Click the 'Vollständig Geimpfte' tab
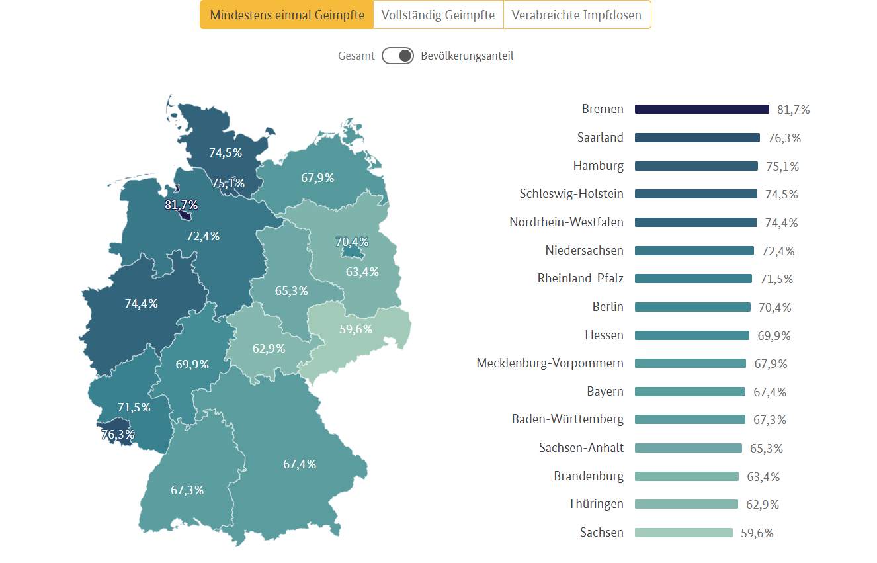(438, 15)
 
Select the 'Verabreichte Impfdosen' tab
(577, 15)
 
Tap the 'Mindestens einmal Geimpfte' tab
(286, 15)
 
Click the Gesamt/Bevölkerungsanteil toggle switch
(397, 56)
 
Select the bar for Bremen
(702, 109)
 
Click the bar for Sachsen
(684, 533)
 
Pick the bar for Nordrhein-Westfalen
(696, 222)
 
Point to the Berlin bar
(692, 307)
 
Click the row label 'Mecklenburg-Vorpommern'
(550, 363)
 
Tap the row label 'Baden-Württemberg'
(567, 419)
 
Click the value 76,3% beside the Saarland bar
(784, 138)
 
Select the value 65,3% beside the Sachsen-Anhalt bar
(767, 449)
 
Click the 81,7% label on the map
(181, 205)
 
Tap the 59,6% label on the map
(356, 329)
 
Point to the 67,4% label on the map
(300, 464)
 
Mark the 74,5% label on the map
(226, 153)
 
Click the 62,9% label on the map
(269, 349)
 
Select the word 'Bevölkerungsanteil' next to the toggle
(467, 56)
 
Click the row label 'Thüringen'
(596, 504)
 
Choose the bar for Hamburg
(696, 166)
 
